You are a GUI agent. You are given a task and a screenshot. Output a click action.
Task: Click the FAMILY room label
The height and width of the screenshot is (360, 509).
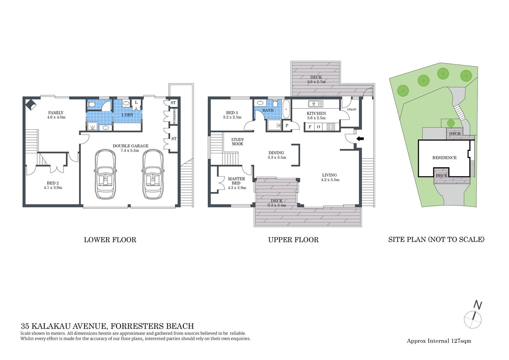(x=56, y=112)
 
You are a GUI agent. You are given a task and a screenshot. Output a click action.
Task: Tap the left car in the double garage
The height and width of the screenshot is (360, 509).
(x=105, y=174)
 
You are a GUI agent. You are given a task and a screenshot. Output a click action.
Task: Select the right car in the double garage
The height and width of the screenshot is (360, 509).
(x=153, y=174)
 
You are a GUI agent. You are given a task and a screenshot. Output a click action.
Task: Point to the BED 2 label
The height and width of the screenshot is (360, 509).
(x=53, y=183)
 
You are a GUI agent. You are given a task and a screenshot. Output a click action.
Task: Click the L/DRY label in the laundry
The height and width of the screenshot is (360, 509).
(x=128, y=115)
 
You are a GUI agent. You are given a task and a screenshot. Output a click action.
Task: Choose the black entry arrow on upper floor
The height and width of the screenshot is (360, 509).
(x=360, y=139)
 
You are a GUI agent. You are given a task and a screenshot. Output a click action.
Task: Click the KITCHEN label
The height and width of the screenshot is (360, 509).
(x=316, y=113)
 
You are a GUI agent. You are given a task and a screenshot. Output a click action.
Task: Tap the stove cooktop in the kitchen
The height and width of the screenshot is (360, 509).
(x=330, y=127)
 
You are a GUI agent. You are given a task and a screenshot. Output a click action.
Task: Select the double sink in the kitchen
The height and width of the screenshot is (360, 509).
(x=315, y=104)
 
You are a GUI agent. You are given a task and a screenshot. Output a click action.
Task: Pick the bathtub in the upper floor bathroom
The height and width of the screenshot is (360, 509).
(x=286, y=109)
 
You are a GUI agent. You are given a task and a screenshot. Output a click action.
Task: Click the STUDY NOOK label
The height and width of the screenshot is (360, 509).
(x=237, y=142)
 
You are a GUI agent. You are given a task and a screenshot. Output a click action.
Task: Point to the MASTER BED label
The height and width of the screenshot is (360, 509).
(x=236, y=181)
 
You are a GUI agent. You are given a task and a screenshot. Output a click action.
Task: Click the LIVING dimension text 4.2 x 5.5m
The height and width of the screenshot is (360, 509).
(x=330, y=180)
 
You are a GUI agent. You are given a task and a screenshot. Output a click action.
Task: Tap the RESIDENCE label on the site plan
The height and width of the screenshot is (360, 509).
(x=444, y=158)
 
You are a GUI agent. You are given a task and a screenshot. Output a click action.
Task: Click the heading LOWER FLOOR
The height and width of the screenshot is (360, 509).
(x=110, y=240)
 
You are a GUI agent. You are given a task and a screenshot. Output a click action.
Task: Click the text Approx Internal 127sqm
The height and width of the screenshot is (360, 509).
(x=439, y=341)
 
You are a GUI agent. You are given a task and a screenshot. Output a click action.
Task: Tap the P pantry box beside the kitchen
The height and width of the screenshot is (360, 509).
(x=287, y=126)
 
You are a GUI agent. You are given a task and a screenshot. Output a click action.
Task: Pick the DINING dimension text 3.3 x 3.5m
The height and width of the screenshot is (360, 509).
(x=277, y=157)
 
